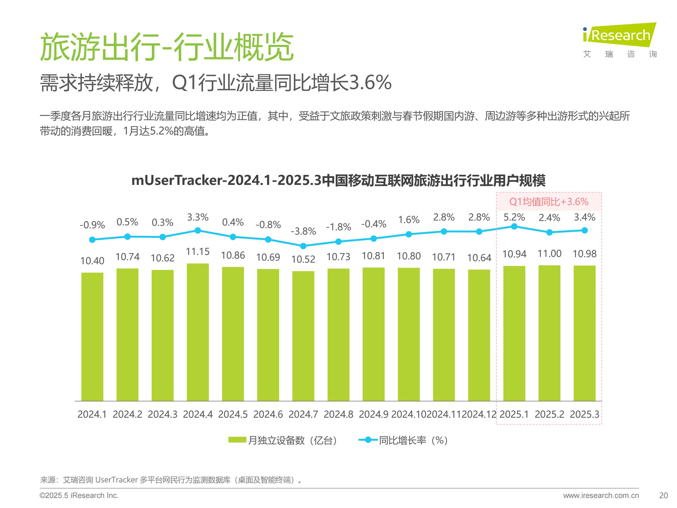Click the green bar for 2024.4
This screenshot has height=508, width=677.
pos(198,332)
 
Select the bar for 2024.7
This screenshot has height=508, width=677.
pos(303,336)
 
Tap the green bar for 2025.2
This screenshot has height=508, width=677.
pos(549,333)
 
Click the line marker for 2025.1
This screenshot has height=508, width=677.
pos(514,227)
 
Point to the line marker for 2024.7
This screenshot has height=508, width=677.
pos(303,246)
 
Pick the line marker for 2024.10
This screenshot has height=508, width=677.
pos(409,234)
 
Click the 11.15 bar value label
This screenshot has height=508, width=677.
pos(198,252)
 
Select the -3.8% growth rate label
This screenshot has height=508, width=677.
pos(303,231)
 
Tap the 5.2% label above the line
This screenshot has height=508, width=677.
pos(514,217)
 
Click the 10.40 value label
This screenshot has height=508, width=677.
pos(92,261)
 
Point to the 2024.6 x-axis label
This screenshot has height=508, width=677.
pos(268,414)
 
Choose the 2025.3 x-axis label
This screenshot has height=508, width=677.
pos(584,414)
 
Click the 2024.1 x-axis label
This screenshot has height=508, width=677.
pos(92,414)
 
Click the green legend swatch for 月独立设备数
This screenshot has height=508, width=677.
pos(237,440)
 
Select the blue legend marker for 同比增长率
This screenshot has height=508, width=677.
pos(368,440)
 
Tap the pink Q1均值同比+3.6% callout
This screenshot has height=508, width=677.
pos(549,202)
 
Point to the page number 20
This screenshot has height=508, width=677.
pos(663,495)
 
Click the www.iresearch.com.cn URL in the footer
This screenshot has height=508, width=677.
pos(601,495)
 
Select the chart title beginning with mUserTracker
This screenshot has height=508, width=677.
pos(338,181)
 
